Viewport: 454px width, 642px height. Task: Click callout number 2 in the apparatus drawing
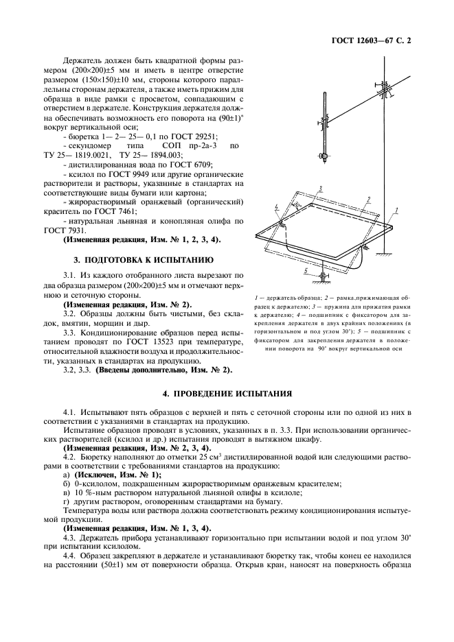369,199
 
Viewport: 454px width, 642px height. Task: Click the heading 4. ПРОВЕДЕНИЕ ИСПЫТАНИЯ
227,395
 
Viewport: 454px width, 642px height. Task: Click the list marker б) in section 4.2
67,484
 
